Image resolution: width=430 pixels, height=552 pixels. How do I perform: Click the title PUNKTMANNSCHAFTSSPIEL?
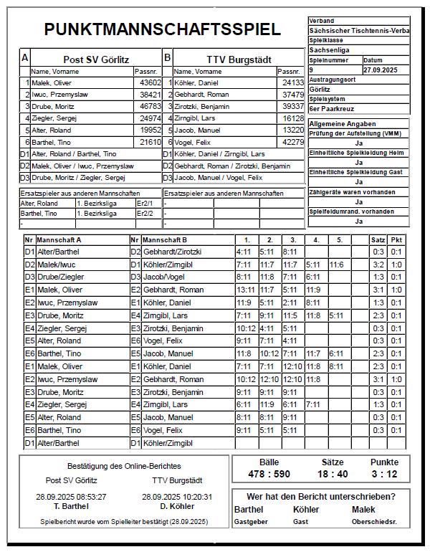pos(162,29)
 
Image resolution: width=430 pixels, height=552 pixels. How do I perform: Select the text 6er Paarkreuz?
pos(331,109)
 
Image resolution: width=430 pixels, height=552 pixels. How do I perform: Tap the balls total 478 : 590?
pos(269,474)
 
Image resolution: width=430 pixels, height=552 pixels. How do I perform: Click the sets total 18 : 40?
pos(333,474)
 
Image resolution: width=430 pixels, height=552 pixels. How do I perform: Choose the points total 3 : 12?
pos(384,474)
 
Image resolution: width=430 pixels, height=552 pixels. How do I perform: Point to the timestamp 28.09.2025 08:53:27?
pos(71,496)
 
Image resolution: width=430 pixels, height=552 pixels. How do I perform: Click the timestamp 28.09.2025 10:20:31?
pos(177,496)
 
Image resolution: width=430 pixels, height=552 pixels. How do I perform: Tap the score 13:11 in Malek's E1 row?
pos(245,290)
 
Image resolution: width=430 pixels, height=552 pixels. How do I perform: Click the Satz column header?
pos(378,239)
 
